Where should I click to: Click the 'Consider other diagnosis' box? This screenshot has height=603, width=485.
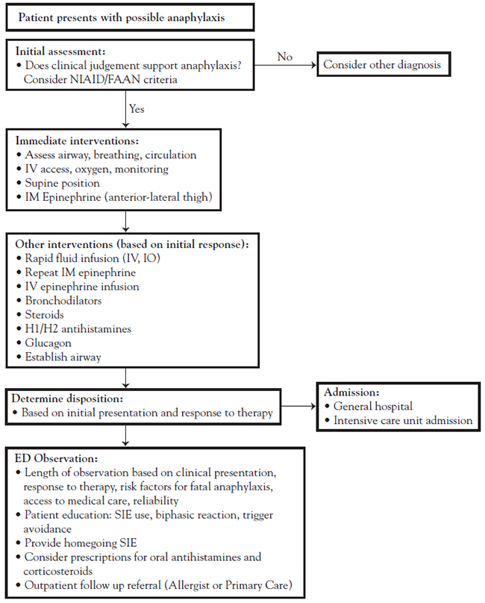click(384, 64)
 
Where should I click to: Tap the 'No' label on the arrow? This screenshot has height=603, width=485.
click(285, 57)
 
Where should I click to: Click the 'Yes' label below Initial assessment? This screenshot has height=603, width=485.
click(137, 109)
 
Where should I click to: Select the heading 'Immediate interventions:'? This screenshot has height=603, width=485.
click(77, 141)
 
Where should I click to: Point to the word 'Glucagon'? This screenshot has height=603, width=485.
click(48, 343)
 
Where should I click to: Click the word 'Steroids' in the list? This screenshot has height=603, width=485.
click(44, 315)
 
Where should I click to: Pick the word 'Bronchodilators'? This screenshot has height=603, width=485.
click(63, 300)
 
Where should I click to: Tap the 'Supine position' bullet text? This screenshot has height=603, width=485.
click(63, 183)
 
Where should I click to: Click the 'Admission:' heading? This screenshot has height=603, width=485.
click(351, 393)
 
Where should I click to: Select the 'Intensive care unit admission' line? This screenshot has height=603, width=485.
click(403, 420)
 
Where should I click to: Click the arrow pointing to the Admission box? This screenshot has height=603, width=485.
click(298, 406)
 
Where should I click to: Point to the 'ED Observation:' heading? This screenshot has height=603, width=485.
click(56, 458)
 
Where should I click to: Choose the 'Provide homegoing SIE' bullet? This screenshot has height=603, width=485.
click(81, 543)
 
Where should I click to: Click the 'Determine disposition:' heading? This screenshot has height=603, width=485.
click(67, 399)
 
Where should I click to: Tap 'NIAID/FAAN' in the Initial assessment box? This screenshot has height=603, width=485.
click(105, 79)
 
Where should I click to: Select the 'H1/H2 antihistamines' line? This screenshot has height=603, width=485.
click(78, 329)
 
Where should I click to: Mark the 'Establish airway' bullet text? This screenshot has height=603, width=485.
click(63, 357)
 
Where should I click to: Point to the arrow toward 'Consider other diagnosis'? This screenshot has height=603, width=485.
click(285, 65)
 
